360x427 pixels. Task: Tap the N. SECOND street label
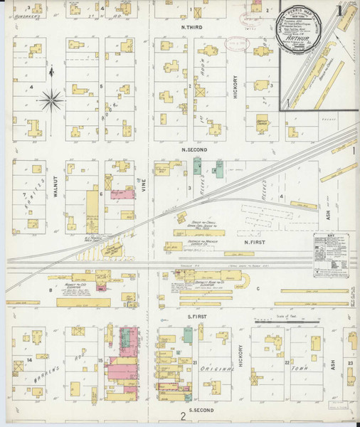coord(194,150)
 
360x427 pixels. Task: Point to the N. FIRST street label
coord(255,243)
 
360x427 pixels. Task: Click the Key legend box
coord(332,254)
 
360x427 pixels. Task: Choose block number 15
coord(101,361)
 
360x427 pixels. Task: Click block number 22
coord(287,363)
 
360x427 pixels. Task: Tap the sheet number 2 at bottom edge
coord(183,416)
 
